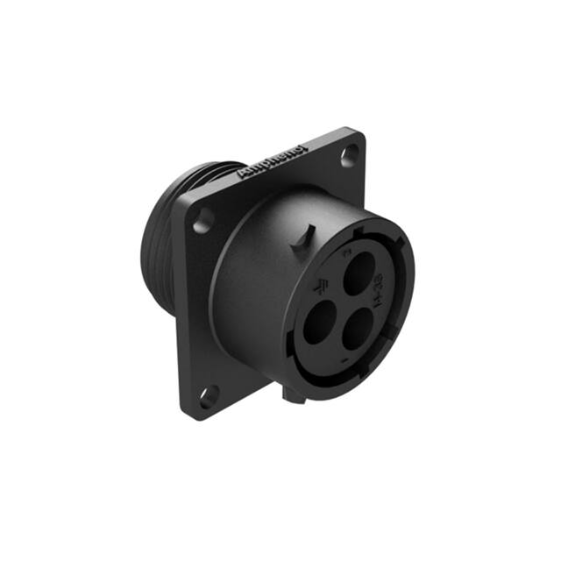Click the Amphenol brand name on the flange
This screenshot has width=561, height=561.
pos(273,163)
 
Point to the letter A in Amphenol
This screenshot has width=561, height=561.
pos(243,174)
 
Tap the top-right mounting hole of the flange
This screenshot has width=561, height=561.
pos(352,154)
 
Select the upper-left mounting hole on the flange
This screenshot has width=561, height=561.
pos(202,220)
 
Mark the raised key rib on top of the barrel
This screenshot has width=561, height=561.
pos(306,237)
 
